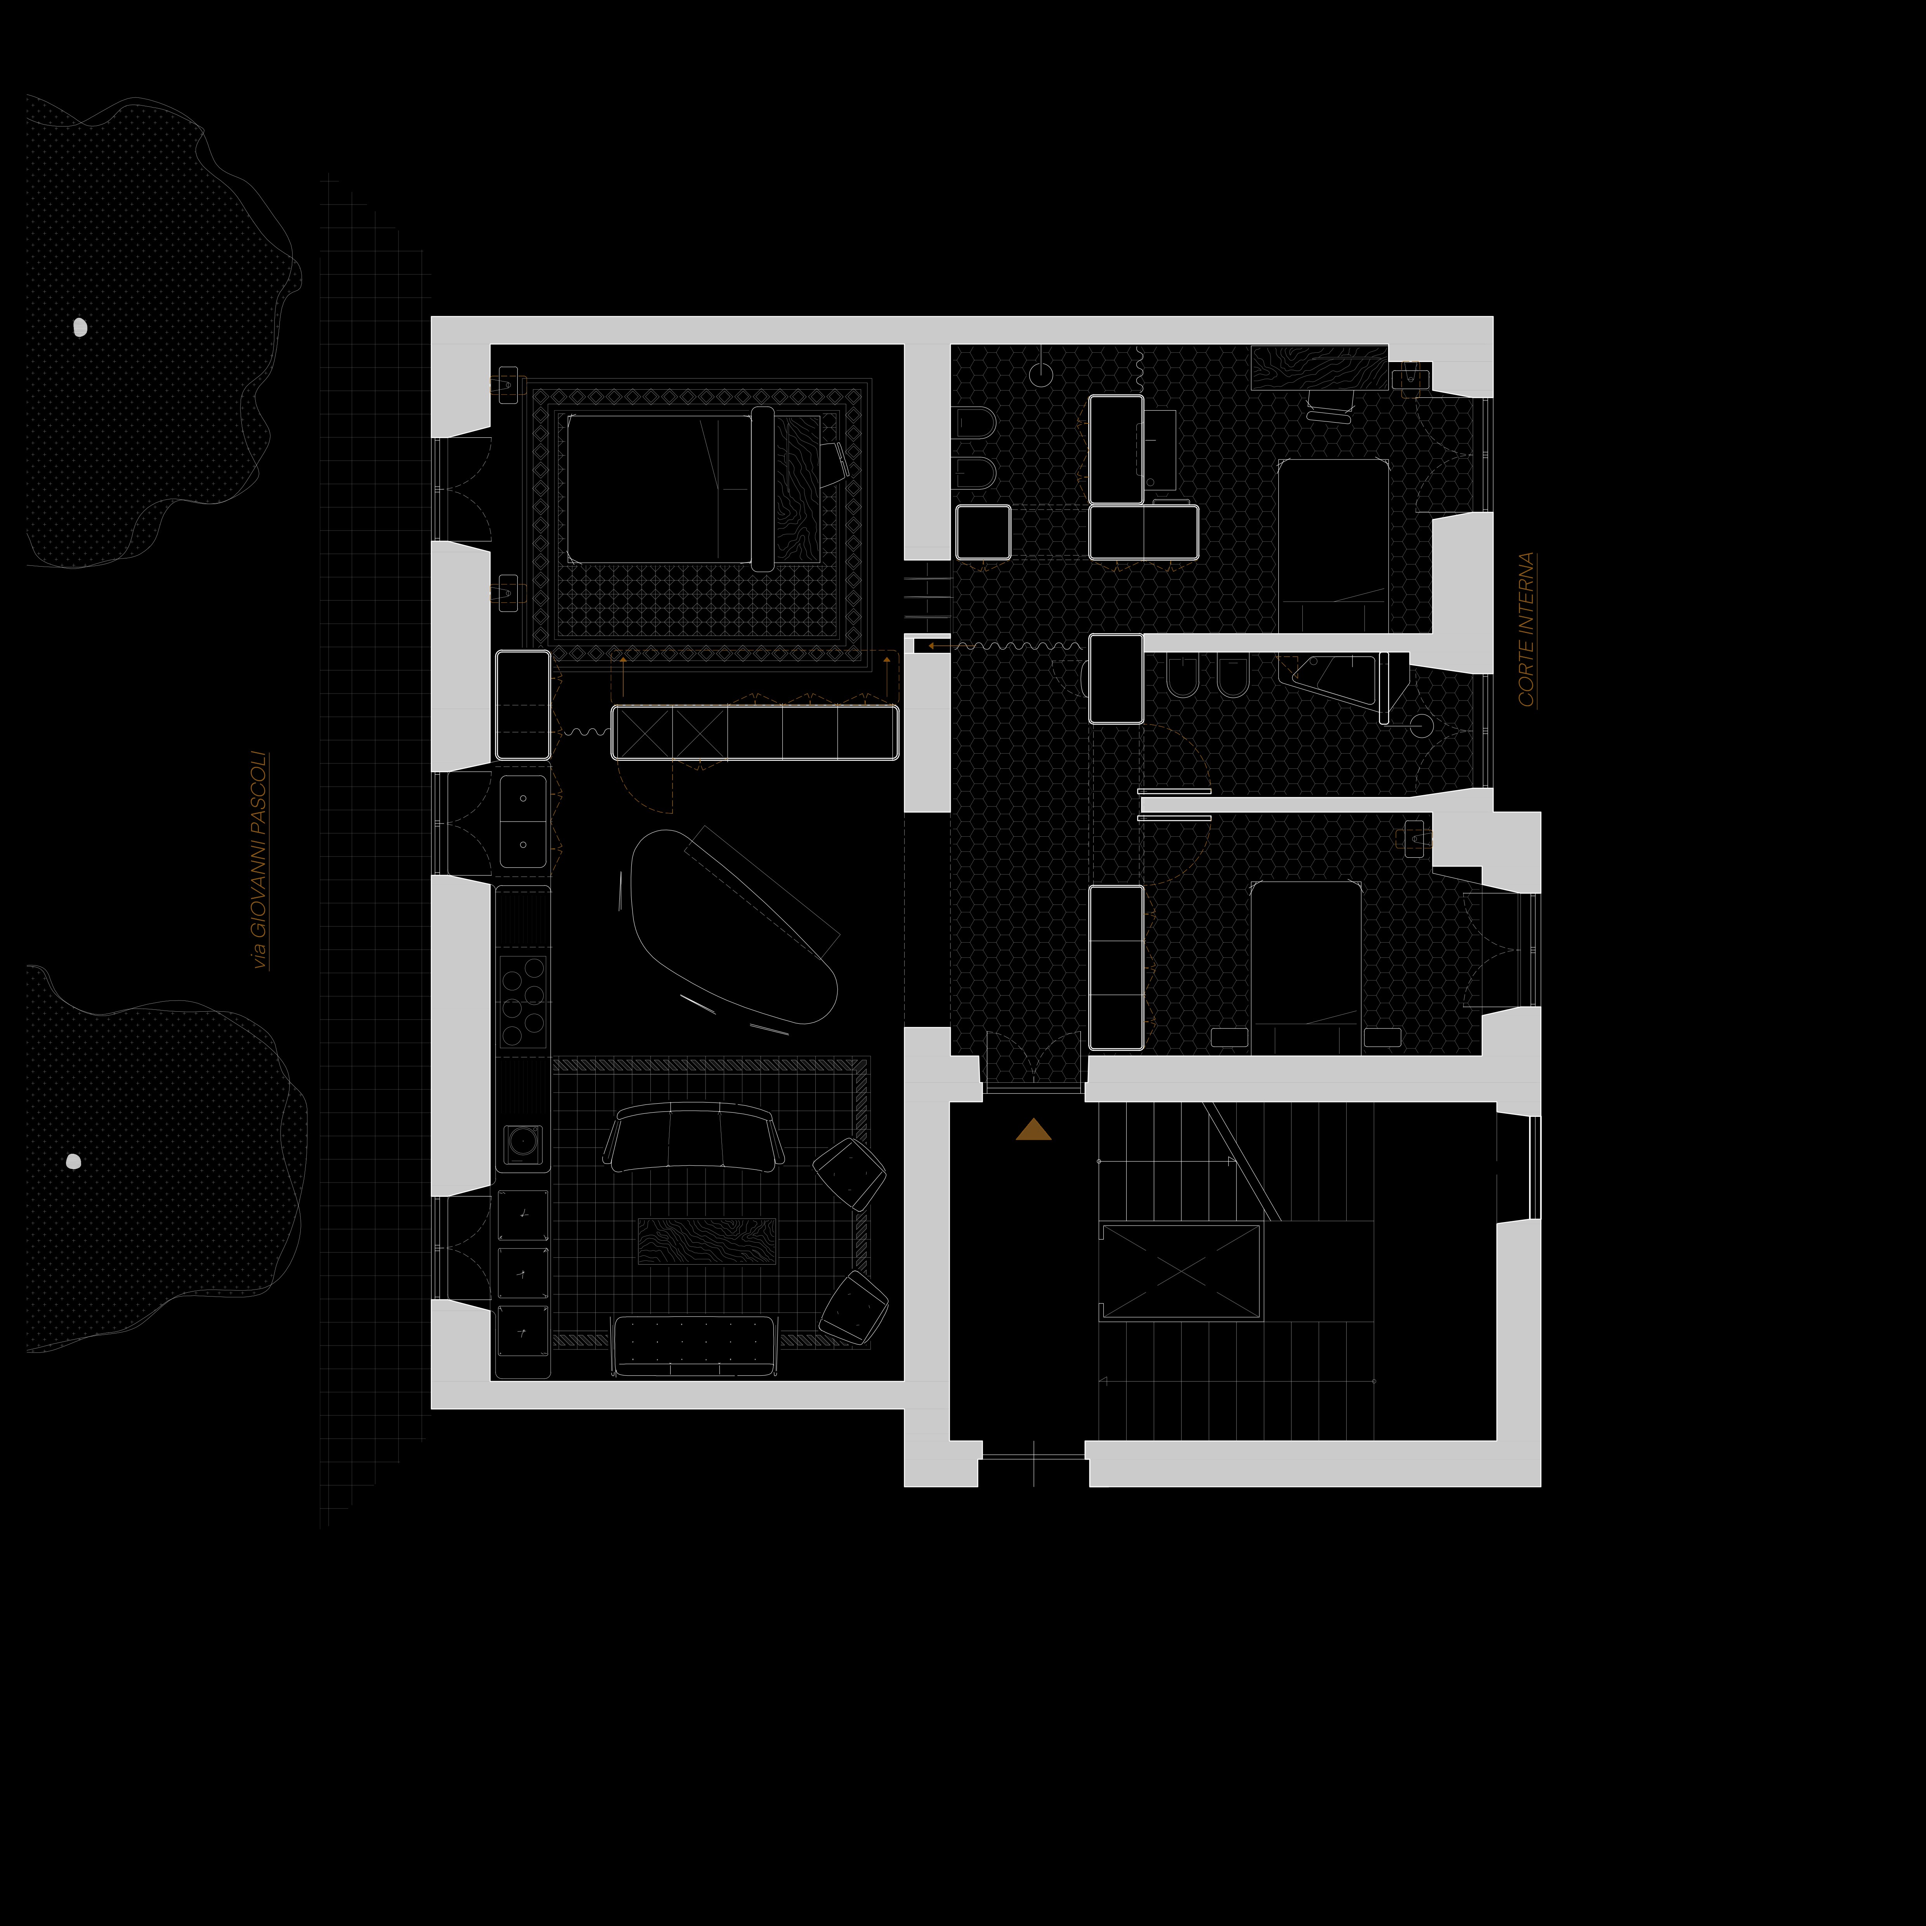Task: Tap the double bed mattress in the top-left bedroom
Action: point(658,489)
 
